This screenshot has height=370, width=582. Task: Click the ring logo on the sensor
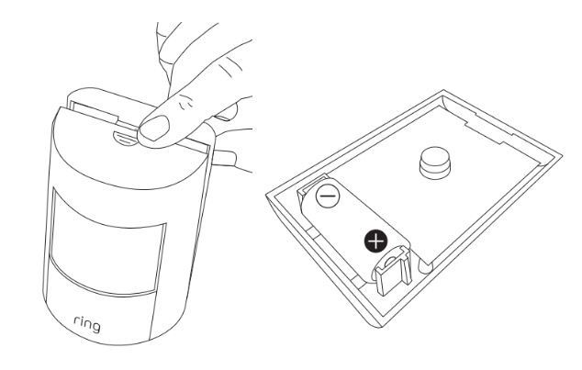pos(87,324)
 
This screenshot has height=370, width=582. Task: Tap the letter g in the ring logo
pos(95,327)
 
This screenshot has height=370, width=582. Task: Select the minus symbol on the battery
pos(328,196)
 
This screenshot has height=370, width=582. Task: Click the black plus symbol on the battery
pos(376,241)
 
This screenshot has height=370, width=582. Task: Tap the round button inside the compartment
pos(435,163)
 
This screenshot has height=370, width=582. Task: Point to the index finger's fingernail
pos(154,128)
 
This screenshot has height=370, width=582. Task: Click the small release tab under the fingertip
pos(126,138)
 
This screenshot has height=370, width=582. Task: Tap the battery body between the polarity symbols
pos(353,219)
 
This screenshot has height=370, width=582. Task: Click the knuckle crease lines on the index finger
pos(185,103)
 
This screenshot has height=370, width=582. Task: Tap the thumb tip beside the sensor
pos(225,158)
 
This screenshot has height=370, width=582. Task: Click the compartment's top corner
pos(442,91)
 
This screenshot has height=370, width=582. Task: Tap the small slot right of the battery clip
pos(425,265)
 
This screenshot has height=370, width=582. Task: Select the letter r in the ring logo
pos(76,320)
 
